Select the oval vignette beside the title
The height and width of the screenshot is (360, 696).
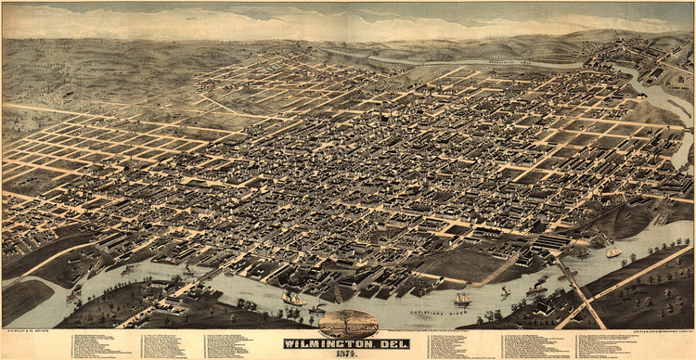pyautogui.click(x=349, y=323)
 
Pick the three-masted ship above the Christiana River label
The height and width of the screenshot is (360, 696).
pyautogui.click(x=461, y=299)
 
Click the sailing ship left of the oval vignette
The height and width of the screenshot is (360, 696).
pyautogui.click(x=293, y=299)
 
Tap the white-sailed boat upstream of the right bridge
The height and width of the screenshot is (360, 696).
pyautogui.click(x=614, y=251)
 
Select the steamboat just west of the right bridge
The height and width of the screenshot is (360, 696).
pyautogui.click(x=537, y=287)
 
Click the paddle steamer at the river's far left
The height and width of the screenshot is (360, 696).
pyautogui.click(x=74, y=295)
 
